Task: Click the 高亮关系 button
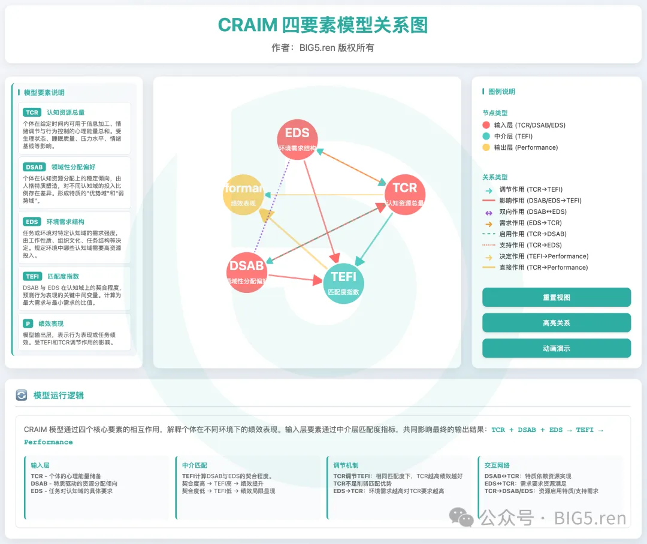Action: [557, 323]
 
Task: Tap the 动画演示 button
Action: [557, 348]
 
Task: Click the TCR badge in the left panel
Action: [32, 112]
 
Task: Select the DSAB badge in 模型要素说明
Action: [34, 167]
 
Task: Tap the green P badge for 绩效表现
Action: [28, 324]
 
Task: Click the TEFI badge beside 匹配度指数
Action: [32, 276]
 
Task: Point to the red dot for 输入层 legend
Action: [486, 125]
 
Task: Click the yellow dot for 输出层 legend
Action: [486, 147]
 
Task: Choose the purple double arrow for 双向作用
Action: [488, 212]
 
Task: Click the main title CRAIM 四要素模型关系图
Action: [323, 25]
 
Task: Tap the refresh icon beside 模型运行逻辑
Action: [22, 395]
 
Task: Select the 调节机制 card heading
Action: [346, 465]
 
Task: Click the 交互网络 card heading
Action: [497, 465]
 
